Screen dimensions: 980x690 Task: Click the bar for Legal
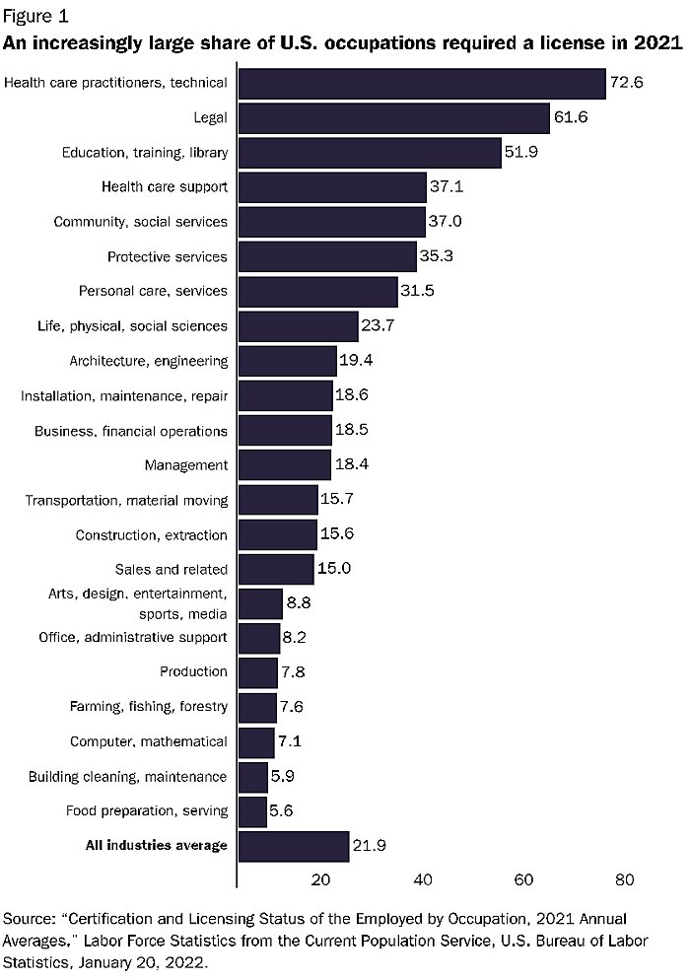click(x=393, y=118)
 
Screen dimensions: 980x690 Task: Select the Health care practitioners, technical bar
click(x=421, y=84)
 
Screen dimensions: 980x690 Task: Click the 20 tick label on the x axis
click(x=321, y=879)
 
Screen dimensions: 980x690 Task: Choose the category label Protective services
click(x=167, y=257)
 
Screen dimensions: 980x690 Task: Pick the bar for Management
click(x=285, y=465)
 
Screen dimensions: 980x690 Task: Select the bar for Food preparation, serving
click(x=252, y=811)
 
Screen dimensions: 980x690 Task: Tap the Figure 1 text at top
click(x=36, y=17)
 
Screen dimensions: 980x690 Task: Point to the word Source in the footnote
click(x=30, y=918)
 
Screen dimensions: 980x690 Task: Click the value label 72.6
click(x=626, y=83)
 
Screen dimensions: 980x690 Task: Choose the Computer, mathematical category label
click(x=148, y=741)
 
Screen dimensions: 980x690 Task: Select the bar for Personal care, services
click(x=317, y=292)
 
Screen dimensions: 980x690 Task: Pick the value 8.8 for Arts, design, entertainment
click(x=300, y=604)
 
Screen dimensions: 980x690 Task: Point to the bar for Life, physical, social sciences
click(x=298, y=326)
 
